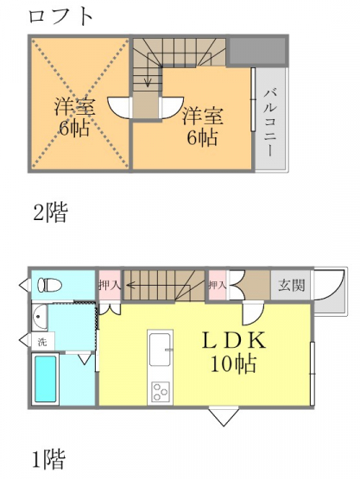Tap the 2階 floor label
click(x=50, y=212)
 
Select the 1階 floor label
click(x=49, y=459)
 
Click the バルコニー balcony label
click(x=270, y=123)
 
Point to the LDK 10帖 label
click(x=233, y=352)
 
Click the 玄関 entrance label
click(x=291, y=286)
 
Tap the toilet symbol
click(x=49, y=285)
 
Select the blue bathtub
click(x=45, y=379)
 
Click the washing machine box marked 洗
click(x=43, y=342)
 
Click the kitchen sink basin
click(x=160, y=350)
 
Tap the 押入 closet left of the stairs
click(x=110, y=286)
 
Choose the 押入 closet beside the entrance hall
click(x=218, y=286)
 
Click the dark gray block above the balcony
click(x=257, y=51)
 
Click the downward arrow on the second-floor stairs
click(x=148, y=71)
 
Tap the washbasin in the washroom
click(x=40, y=317)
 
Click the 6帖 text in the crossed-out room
click(x=75, y=129)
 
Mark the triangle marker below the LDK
click(x=224, y=416)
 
